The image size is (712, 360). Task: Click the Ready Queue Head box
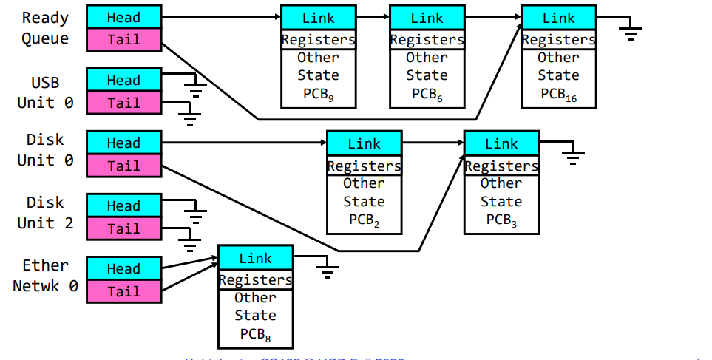123,17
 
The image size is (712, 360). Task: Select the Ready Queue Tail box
123,40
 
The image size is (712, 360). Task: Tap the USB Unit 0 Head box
123,80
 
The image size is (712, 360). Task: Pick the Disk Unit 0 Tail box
123,166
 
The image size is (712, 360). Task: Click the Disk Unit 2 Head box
123,206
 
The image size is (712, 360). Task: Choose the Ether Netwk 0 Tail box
123,291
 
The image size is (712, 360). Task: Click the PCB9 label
318,94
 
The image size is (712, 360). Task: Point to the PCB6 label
427,94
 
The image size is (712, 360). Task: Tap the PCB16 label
558,94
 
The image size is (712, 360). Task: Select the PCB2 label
364,220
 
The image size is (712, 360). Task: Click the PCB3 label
501,220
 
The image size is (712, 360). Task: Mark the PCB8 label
255,334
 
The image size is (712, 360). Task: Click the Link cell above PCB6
427,17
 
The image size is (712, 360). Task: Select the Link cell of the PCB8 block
255,258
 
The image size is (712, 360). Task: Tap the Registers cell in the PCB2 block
364,166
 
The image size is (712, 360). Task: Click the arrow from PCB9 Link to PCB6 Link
372,17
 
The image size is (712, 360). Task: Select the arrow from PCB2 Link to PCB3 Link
433,143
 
